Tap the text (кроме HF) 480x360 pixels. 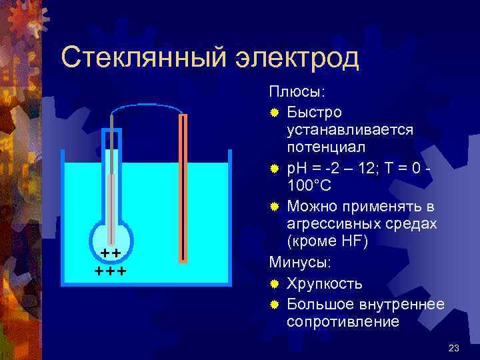click(x=327, y=241)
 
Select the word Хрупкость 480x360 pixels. click(x=325, y=284)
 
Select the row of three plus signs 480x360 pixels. click(x=111, y=271)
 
